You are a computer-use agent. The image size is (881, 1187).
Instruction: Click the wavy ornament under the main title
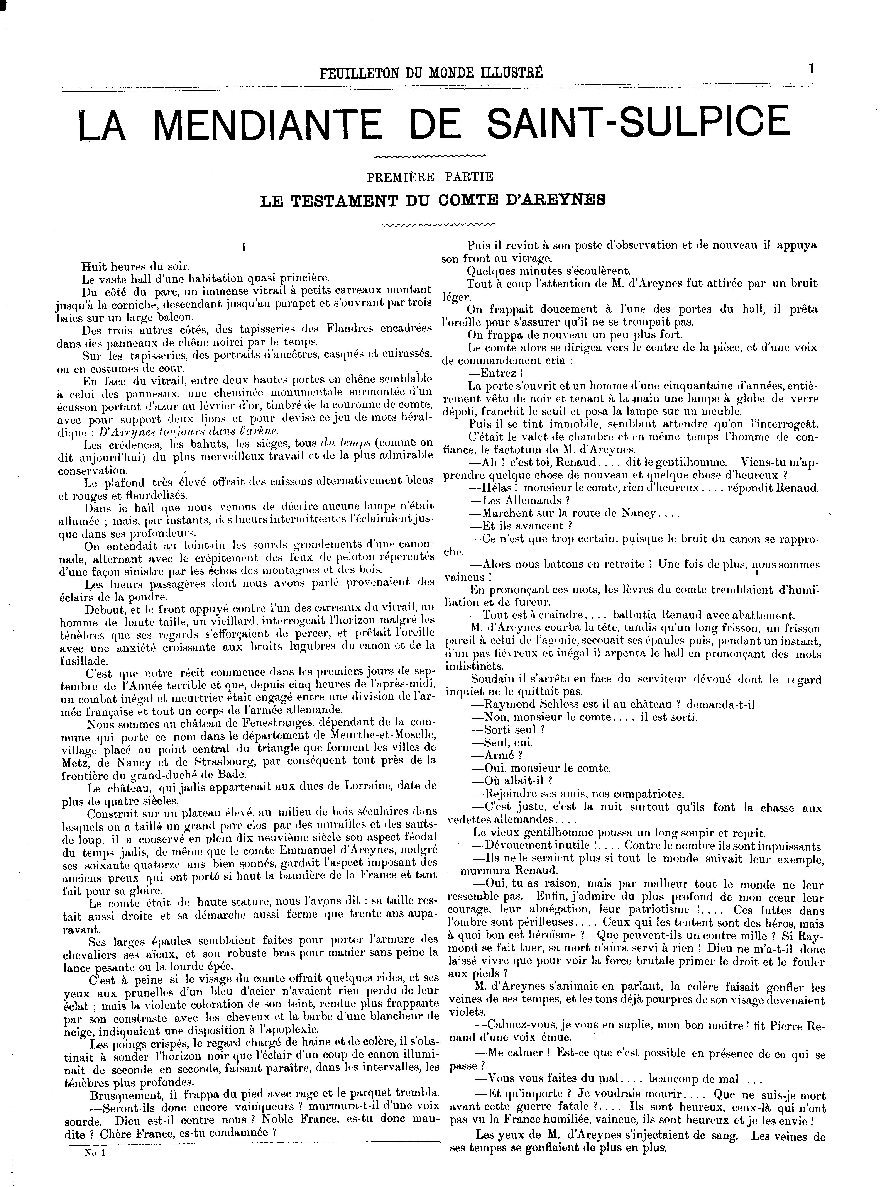tap(431, 156)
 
